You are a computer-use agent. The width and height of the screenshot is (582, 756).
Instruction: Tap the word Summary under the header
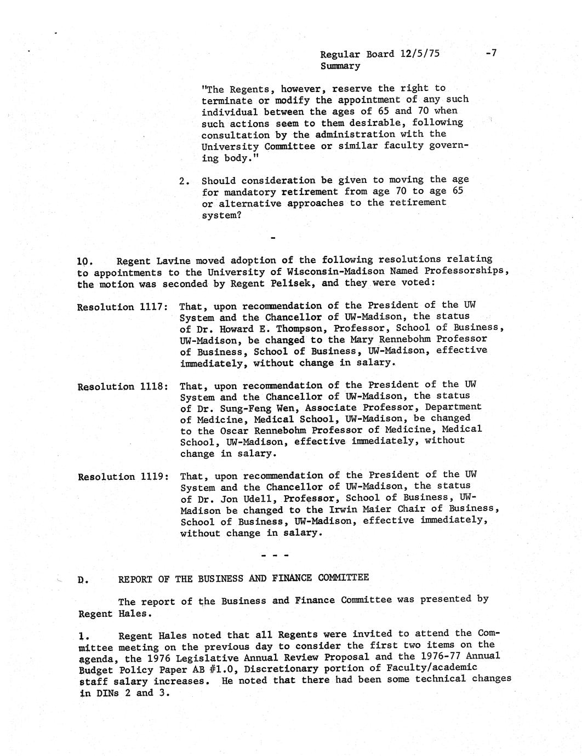pyautogui.click(x=340, y=66)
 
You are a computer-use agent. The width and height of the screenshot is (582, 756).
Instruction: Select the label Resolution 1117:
pyautogui.click(x=122, y=307)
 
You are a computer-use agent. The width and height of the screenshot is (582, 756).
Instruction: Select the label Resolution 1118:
pyautogui.click(x=122, y=386)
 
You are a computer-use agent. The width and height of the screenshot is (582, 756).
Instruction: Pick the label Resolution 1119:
pyautogui.click(x=122, y=477)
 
